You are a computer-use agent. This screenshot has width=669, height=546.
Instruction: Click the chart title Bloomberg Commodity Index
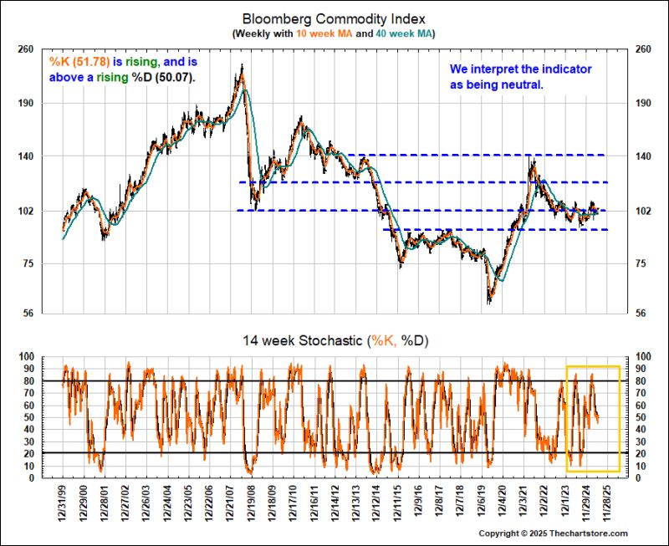point(334,18)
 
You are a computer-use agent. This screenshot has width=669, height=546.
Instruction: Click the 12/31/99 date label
point(64,503)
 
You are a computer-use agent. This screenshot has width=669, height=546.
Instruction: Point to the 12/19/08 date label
point(252,503)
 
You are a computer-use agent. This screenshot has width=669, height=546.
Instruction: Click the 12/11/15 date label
point(397,503)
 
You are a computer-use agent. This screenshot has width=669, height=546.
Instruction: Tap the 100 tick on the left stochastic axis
point(25,357)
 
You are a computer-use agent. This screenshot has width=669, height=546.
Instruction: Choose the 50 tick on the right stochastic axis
point(643,417)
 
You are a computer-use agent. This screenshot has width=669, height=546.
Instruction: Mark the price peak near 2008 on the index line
point(242,67)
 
